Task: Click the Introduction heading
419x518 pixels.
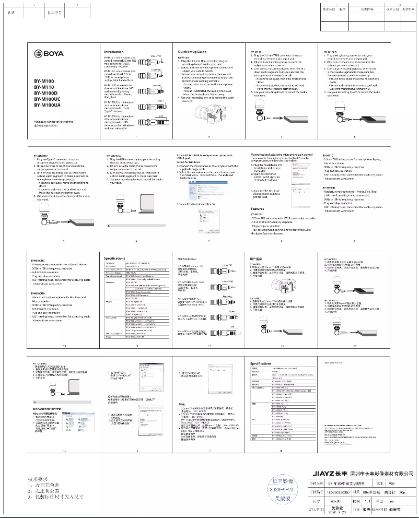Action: [114, 52]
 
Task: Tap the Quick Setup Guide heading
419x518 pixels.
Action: [192, 52]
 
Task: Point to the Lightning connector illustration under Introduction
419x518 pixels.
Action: [155, 89]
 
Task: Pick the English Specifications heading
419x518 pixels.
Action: [114, 258]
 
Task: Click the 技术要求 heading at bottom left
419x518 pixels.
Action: [38, 478]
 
